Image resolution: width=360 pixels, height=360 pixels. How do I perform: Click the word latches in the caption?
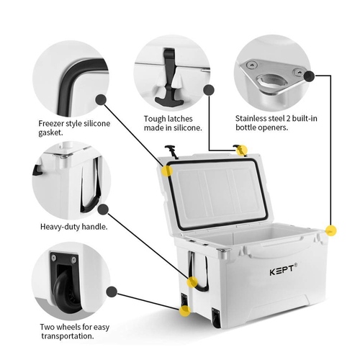tap(180, 119)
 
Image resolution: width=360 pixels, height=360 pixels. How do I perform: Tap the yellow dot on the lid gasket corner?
tap(167, 171)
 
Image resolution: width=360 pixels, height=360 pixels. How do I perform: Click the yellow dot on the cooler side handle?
tap(192, 282)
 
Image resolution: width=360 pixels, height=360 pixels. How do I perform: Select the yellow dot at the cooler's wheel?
tap(185, 311)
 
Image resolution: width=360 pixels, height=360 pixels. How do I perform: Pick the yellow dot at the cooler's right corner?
tap(331, 230)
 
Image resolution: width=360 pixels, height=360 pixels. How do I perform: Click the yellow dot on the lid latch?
tap(242, 150)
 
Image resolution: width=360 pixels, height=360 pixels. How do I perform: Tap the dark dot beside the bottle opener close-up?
tap(309, 76)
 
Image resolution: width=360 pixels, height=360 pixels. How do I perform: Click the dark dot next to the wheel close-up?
tap(112, 292)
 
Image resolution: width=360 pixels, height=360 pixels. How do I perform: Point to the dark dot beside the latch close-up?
tap(209, 90)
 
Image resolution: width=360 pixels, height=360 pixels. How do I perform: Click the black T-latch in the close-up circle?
tap(170, 77)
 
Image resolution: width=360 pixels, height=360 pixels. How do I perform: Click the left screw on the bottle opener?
tap(251, 65)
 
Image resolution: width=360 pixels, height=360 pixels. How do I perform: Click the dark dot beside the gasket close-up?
tap(102, 99)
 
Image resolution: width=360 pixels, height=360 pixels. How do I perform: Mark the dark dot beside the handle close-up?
tap(103, 210)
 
